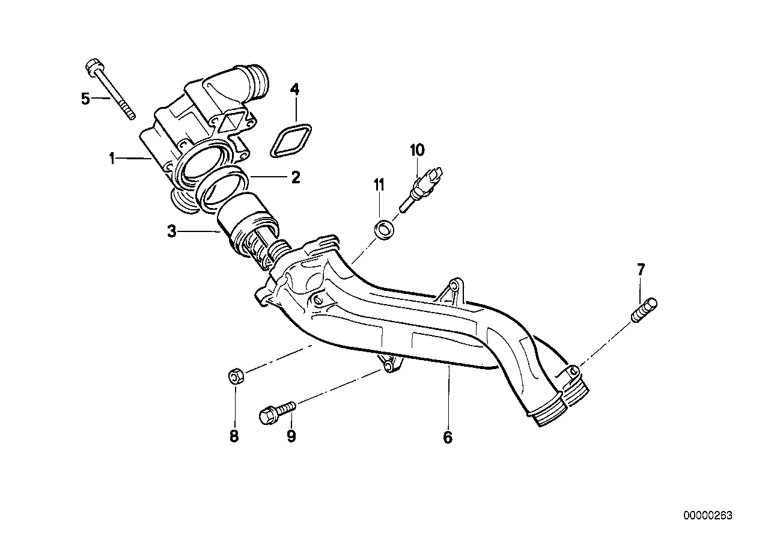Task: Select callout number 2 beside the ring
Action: coord(295,177)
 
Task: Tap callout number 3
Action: coord(171,231)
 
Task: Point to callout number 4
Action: coord(294,90)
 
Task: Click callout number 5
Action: coord(85,98)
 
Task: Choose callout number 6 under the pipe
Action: coord(447,437)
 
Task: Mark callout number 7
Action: coord(641,270)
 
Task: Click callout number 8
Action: coord(234,436)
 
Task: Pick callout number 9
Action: coord(291,436)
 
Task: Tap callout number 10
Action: coord(417,149)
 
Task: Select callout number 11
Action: coord(379,185)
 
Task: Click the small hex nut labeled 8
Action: coord(236,377)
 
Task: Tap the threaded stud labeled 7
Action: coord(645,310)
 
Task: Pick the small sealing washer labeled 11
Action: coord(383,229)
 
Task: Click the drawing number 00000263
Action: coord(707,516)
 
